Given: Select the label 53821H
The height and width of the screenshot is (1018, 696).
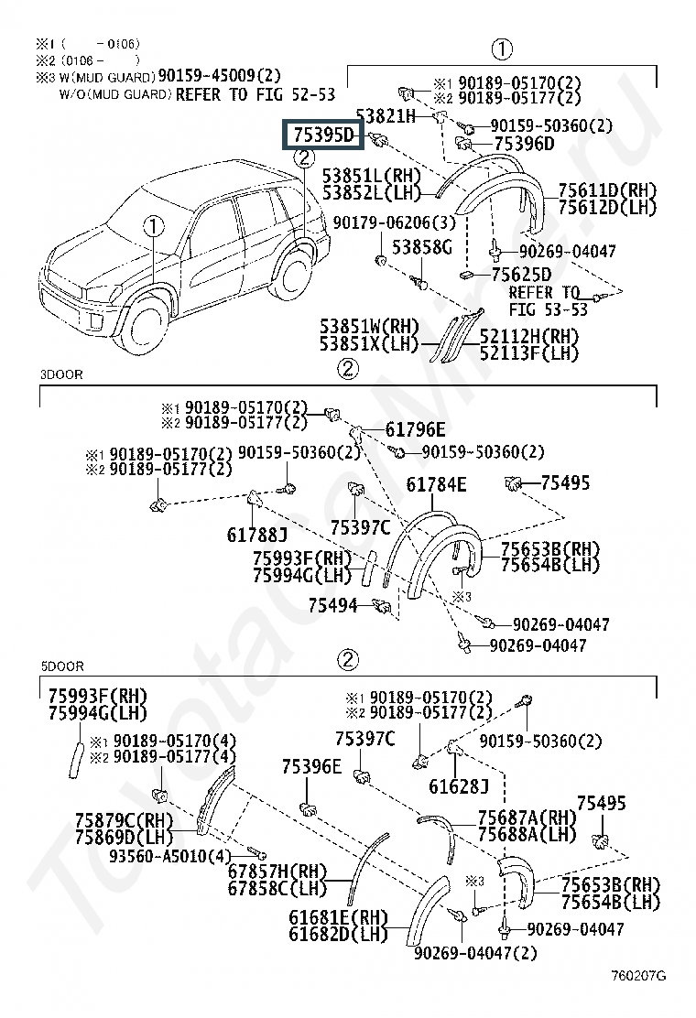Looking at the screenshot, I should click(386, 115).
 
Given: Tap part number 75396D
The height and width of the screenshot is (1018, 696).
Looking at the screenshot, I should click(524, 144).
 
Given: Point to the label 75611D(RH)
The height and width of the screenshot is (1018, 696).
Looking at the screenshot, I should click(602, 190).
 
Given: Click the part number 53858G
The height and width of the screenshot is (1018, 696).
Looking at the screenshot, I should click(422, 247).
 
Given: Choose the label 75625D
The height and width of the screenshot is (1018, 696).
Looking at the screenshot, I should click(521, 275).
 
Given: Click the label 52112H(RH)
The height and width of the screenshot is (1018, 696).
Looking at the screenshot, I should click(527, 336).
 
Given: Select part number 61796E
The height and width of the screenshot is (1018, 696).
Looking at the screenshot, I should click(415, 429).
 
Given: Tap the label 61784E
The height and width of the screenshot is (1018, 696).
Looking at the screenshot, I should click(436, 484).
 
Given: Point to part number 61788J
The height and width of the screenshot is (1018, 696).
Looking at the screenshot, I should click(257, 534).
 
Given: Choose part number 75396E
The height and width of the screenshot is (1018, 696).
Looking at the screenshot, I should click(311, 767).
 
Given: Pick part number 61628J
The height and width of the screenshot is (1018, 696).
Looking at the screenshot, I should click(459, 785).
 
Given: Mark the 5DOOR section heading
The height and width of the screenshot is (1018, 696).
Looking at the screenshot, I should click(61, 666).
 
